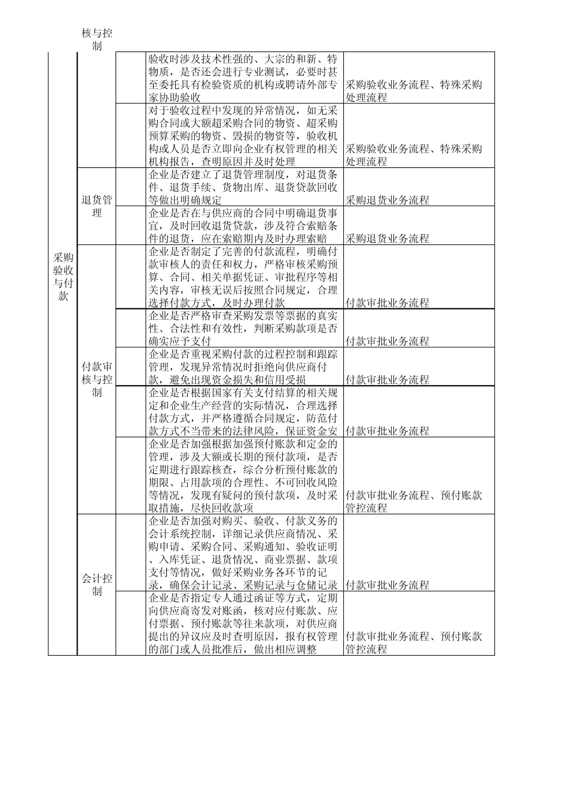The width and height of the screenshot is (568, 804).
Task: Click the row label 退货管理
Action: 96,206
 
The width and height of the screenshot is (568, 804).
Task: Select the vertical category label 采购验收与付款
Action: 63,277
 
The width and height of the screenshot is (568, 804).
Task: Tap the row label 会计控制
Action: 96,585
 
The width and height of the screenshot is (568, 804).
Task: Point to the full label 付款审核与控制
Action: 96,379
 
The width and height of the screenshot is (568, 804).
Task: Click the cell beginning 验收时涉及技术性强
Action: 245,78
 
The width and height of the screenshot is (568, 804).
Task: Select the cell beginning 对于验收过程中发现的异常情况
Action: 245,136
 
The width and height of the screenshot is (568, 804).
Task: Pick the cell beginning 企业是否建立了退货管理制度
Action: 245,187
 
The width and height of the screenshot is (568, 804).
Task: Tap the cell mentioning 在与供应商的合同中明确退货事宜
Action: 245,225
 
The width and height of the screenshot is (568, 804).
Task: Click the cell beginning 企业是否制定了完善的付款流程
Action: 245,277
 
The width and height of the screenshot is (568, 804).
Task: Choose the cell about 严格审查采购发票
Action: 245,328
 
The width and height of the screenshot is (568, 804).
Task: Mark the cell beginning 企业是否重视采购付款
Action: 245,366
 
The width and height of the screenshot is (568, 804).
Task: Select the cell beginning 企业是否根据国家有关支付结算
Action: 245,412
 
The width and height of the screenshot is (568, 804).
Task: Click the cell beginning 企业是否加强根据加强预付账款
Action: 245,476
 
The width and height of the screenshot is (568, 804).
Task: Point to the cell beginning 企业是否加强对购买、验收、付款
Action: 245,553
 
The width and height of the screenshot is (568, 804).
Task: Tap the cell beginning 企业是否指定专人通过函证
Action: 245,623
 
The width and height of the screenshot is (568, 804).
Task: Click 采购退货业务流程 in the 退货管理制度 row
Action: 387,200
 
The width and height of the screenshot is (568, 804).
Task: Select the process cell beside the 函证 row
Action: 414,643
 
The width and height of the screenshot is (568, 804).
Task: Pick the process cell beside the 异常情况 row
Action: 414,155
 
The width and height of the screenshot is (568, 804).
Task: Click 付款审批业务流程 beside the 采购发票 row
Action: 387,341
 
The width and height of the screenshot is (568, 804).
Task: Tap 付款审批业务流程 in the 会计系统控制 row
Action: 387,585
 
